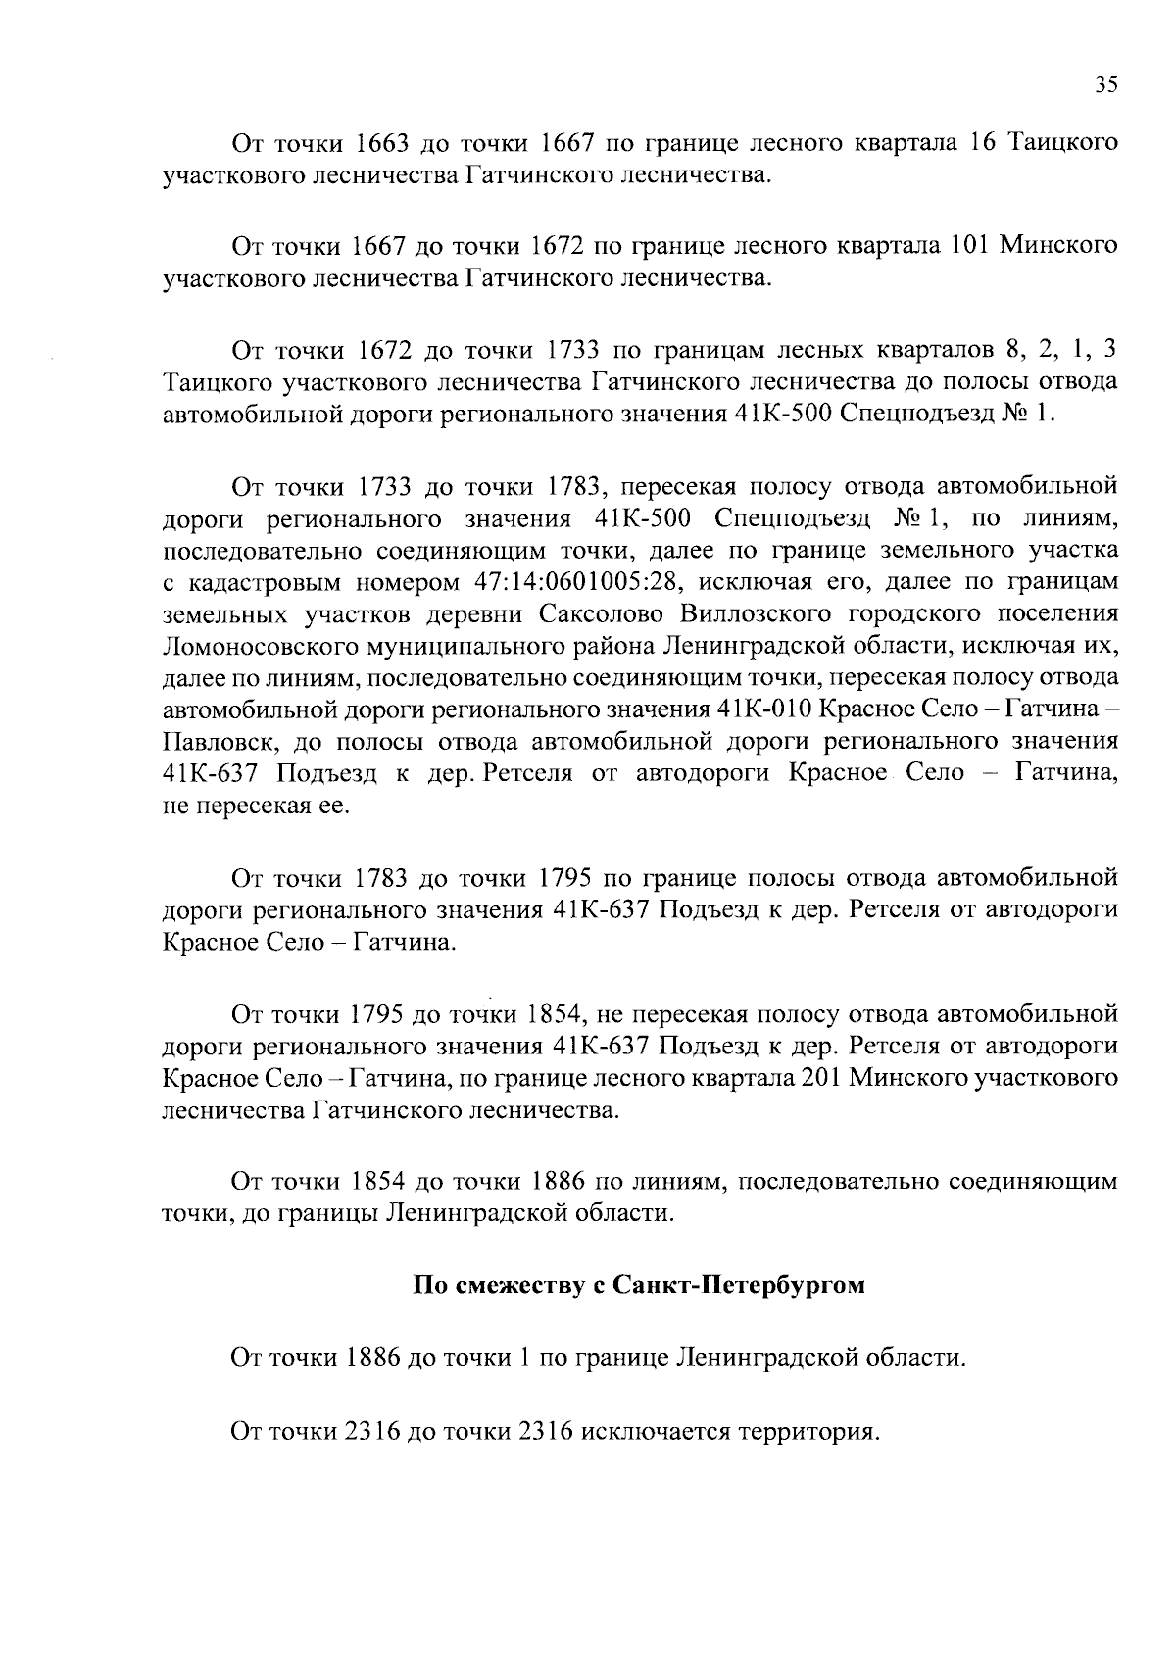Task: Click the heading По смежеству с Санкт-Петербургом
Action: tap(638, 1285)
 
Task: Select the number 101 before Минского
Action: tap(970, 245)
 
